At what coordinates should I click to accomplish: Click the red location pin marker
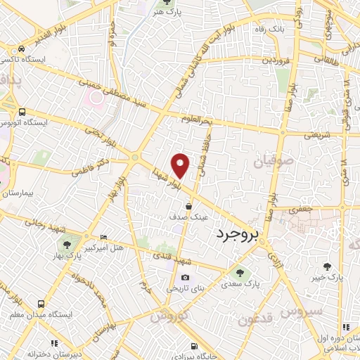[181, 165]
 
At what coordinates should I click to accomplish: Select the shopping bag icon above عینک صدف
[189, 206]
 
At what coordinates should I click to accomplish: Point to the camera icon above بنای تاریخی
[185, 278]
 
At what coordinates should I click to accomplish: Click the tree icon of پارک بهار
[67, 245]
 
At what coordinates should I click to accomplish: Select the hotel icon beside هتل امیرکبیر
[104, 237]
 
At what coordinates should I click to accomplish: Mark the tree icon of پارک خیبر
[327, 266]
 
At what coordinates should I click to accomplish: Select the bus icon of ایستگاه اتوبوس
[22, 111]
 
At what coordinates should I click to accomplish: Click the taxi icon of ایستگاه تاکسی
[22, 49]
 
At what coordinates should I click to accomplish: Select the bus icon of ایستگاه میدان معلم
[41, 304]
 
